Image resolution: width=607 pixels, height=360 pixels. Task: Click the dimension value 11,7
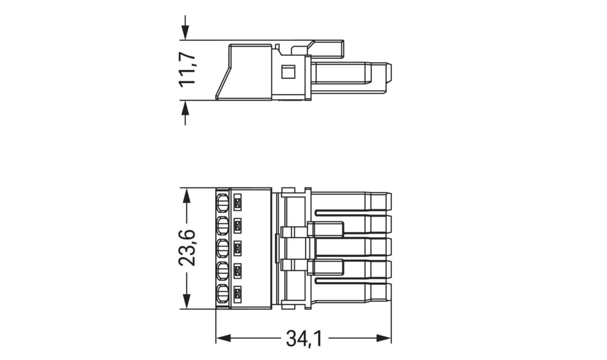click(x=188, y=70)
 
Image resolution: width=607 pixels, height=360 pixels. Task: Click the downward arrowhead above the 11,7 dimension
click(x=186, y=33)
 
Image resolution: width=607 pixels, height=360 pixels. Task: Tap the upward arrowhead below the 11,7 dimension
click(x=186, y=107)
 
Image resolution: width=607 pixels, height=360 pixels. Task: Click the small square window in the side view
click(x=287, y=71)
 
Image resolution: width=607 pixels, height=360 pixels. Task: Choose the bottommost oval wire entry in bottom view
click(x=222, y=294)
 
